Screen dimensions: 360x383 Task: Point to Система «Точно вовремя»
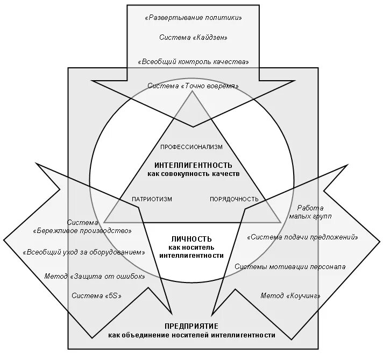[x=193, y=86]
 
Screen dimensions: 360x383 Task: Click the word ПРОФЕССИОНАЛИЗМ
[x=191, y=146]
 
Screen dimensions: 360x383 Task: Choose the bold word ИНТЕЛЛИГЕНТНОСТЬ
[x=193, y=165]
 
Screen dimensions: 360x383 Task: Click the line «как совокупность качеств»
[x=193, y=174]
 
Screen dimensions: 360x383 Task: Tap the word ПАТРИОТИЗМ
[x=152, y=199]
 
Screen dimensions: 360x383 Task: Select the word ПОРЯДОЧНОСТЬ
[x=234, y=199]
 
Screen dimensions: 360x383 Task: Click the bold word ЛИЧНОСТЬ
[x=191, y=239]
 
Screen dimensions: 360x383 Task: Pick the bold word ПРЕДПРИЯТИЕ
[x=191, y=327]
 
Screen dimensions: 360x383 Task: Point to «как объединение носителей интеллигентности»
[x=191, y=335]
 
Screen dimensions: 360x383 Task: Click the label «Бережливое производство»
[x=83, y=230]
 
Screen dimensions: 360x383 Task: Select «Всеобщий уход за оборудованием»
[x=84, y=252]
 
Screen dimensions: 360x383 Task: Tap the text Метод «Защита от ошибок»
[x=95, y=276]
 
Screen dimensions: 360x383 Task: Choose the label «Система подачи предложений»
[x=302, y=237]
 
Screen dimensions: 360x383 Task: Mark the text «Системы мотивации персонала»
[x=290, y=266]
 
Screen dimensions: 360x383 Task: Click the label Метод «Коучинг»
[x=290, y=295]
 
